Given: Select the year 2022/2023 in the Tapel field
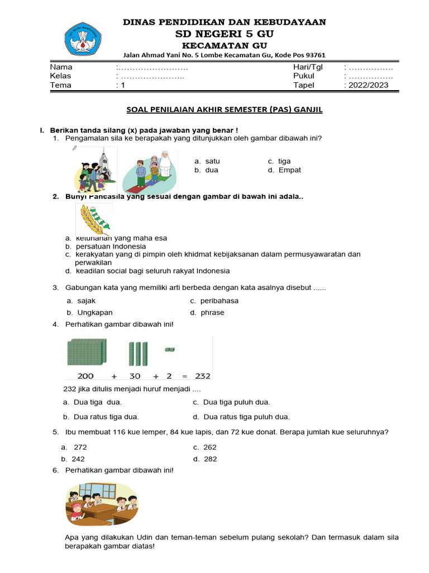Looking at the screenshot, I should (369, 86).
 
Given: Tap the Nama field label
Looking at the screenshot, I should (61, 67).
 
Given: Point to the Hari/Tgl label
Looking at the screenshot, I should (308, 67).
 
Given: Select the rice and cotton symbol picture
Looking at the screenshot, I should (94, 220).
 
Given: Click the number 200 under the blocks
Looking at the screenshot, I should (85, 376).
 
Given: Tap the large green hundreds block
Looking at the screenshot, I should (85, 353).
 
